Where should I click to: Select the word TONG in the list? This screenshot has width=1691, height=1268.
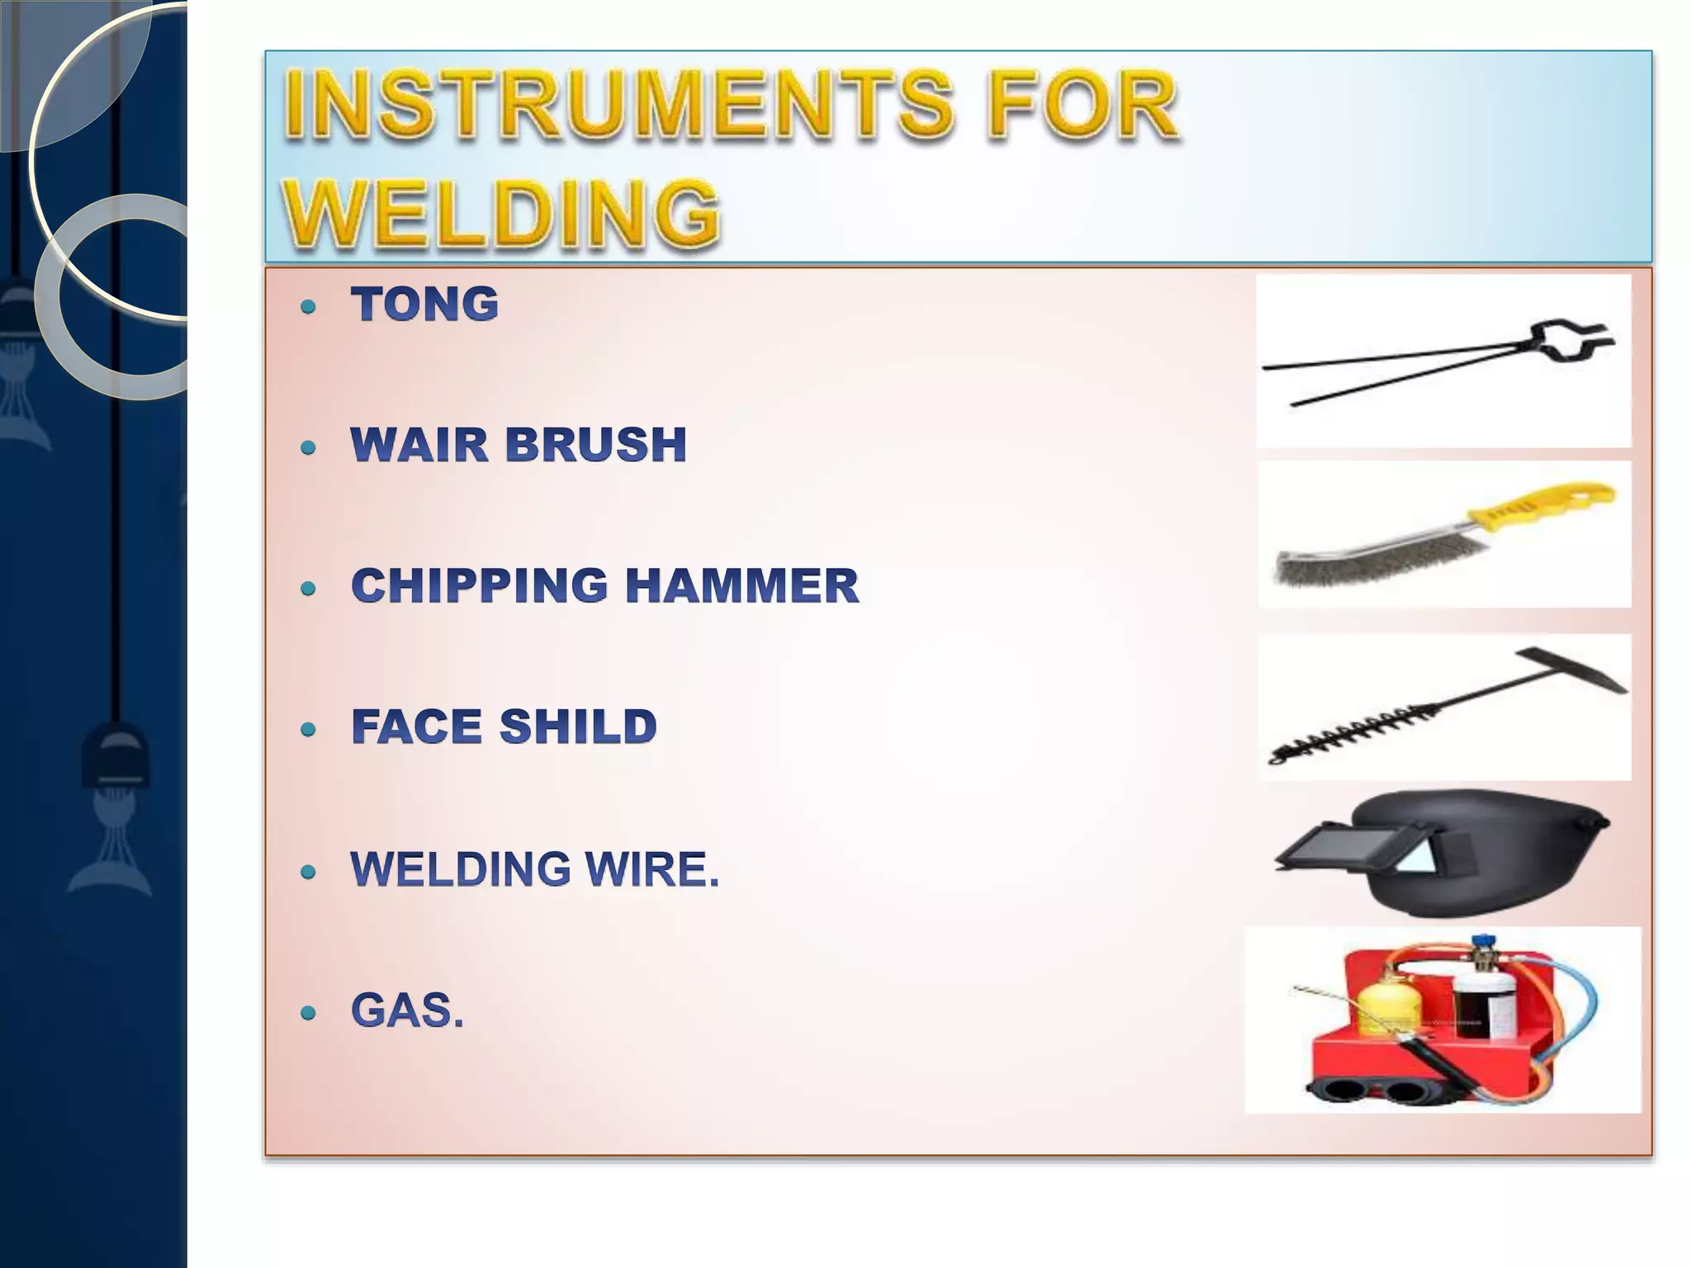pos(425,304)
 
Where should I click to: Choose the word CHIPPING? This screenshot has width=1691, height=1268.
pos(480,585)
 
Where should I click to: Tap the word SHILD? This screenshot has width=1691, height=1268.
pos(578,726)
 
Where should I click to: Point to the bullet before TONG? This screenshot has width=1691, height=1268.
pos(309,308)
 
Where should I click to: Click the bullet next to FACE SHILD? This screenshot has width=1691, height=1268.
pos(309,730)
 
